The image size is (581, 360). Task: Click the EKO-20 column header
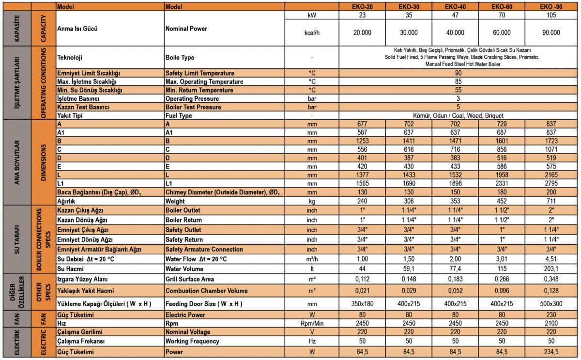tap(363, 7)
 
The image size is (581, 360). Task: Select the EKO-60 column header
tap(502, 7)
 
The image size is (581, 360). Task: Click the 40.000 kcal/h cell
tap(455, 33)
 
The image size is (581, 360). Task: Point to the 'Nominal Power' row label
tap(186, 29)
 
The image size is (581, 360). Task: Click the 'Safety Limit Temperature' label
tap(200, 73)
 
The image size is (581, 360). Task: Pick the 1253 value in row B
tap(363, 141)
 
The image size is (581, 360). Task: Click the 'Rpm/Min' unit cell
tap(312, 323)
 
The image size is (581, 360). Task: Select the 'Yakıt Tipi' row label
tap(70, 116)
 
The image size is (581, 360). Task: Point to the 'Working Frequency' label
tap(192, 342)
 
